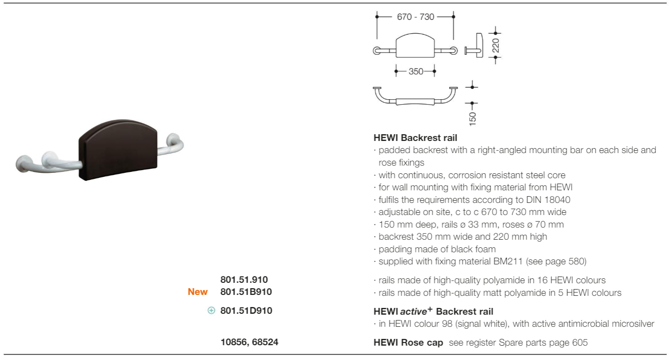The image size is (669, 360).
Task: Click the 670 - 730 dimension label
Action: [415, 17]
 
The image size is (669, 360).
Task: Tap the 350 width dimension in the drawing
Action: [416, 71]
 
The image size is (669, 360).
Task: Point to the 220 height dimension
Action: [496, 45]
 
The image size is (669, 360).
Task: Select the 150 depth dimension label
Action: [472, 119]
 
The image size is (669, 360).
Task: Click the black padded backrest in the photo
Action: [118, 149]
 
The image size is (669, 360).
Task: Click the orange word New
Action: [198, 292]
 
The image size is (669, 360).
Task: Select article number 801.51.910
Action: [244, 279]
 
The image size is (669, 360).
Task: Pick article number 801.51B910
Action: [246, 292]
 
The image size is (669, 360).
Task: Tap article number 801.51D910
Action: [246, 311]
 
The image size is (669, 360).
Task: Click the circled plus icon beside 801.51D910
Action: [211, 311]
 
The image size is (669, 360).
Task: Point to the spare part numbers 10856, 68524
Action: [249, 342]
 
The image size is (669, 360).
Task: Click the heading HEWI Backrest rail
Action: [415, 138]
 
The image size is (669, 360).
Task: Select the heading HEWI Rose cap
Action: [408, 342]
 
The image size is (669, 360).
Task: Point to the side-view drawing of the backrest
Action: [474, 45]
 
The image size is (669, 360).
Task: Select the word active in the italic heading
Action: [414, 312]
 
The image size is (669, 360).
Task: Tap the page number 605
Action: [580, 342]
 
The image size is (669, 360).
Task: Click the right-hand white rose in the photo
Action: [174, 140]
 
